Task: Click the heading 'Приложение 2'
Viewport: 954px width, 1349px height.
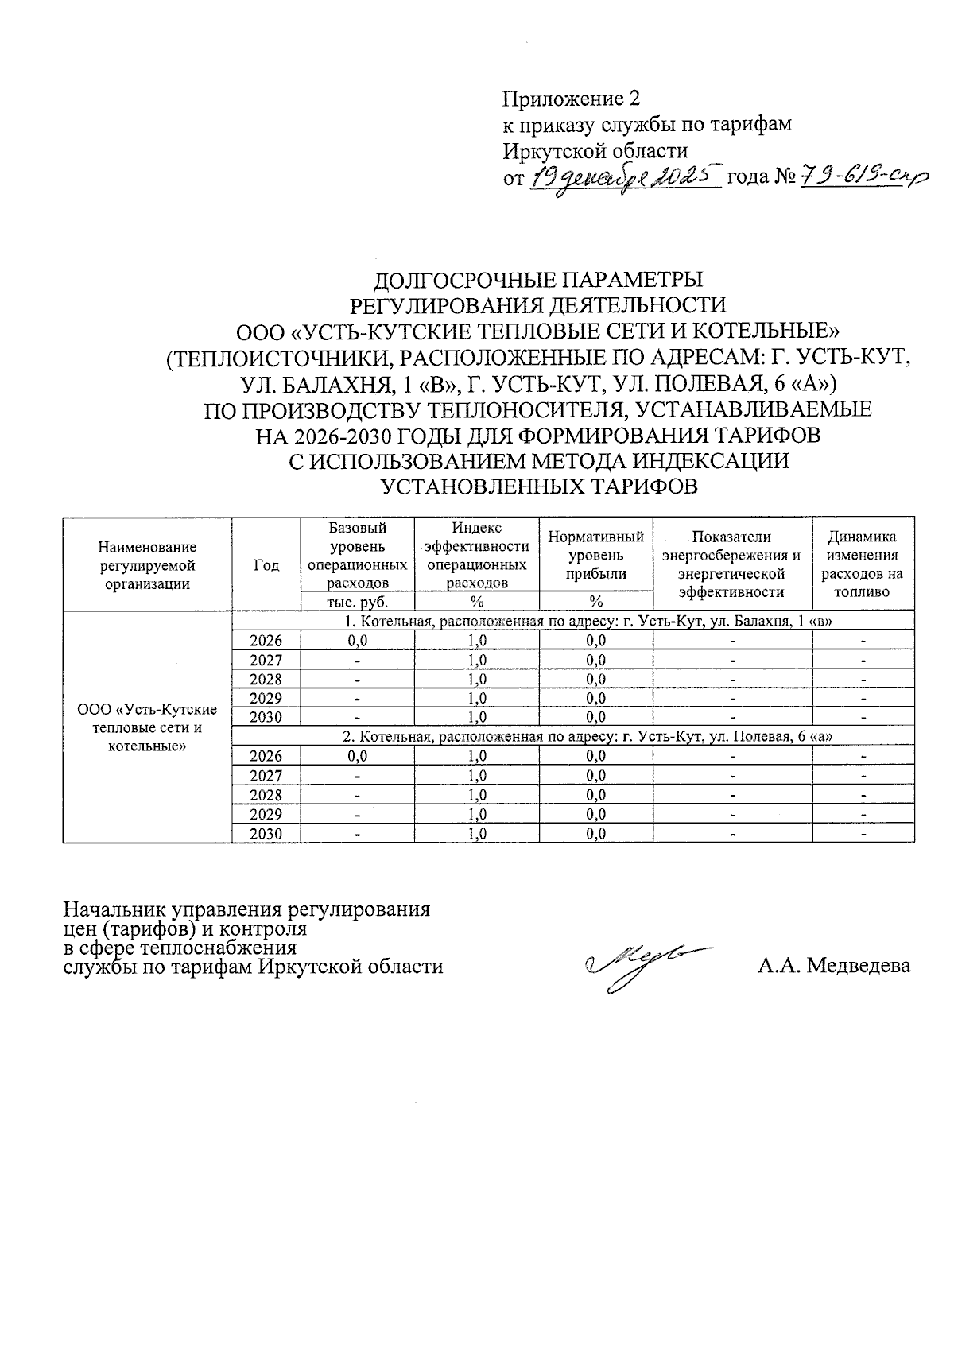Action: tap(570, 99)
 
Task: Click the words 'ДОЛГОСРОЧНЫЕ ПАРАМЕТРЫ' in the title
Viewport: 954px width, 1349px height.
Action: tap(538, 280)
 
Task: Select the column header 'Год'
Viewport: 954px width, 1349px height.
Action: tap(266, 565)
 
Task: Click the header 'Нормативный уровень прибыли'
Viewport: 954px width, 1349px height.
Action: tap(595, 556)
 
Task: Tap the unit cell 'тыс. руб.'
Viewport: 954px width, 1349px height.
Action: tap(358, 601)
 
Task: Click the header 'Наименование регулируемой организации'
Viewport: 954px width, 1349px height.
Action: tap(147, 565)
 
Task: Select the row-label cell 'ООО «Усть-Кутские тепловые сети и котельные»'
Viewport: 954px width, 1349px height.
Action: tap(147, 727)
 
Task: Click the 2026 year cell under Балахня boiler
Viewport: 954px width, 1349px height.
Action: tap(266, 641)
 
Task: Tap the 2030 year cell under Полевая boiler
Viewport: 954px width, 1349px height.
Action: tap(266, 833)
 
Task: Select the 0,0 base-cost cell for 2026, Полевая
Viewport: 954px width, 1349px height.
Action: tap(358, 756)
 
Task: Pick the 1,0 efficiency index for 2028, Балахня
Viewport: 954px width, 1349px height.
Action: tap(478, 679)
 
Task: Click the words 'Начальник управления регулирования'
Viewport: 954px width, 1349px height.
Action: tap(246, 909)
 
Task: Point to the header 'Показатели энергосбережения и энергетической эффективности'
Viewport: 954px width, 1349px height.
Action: tap(731, 564)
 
